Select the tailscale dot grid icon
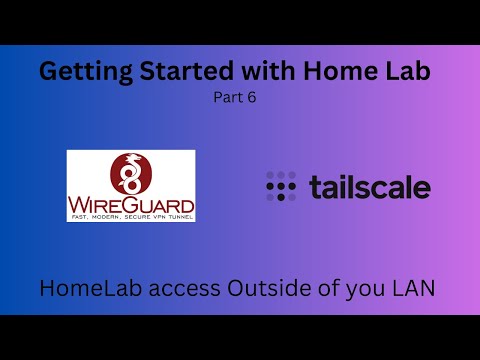(281, 187)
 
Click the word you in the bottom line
(364, 291)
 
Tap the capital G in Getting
(47, 72)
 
